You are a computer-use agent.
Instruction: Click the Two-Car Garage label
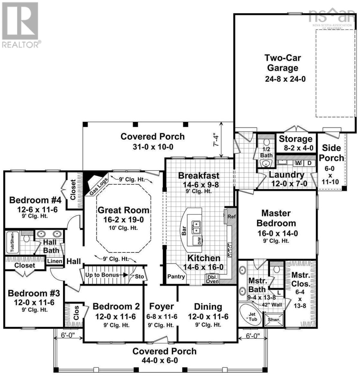[x=283, y=63]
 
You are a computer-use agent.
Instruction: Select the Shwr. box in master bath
[x=274, y=319]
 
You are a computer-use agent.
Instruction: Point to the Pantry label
[x=176, y=277]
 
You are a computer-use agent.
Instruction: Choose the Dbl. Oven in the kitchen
[x=212, y=279]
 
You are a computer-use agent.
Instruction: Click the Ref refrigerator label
[x=231, y=216]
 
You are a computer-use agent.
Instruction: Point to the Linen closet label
[x=55, y=261]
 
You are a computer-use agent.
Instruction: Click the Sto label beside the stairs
[x=139, y=276]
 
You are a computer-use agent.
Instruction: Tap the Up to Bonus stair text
[x=102, y=275]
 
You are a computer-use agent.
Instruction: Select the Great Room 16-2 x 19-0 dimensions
[x=123, y=220]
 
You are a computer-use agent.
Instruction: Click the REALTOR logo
[x=21, y=24]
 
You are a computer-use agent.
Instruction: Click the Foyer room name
[x=161, y=306]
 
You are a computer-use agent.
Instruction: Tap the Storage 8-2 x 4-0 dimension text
[x=295, y=148]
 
